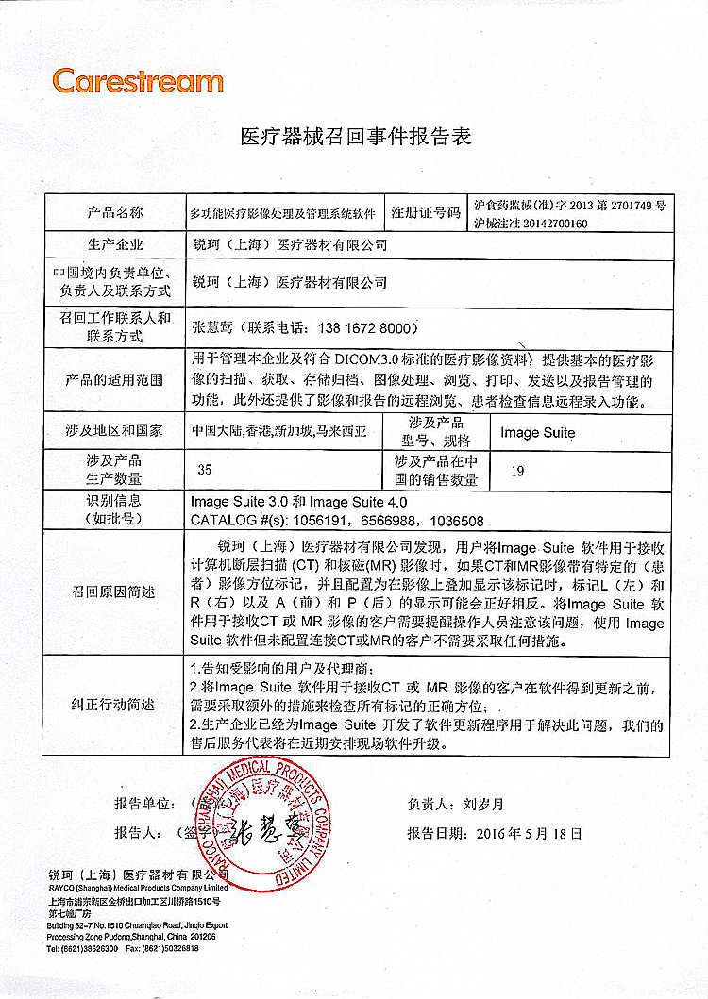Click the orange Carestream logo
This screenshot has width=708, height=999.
(138, 81)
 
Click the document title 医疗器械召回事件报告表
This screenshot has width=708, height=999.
(355, 138)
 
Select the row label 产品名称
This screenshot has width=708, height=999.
(116, 212)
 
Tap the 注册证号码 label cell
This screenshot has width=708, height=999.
(427, 213)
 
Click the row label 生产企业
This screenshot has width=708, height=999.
(116, 245)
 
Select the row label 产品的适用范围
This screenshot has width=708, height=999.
(116, 380)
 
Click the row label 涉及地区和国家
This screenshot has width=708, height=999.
(116, 432)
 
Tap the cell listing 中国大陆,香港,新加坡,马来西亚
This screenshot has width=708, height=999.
(279, 432)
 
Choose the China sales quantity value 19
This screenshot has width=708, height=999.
(516, 470)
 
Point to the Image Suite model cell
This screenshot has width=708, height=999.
(537, 432)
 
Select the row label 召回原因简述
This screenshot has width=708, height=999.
(116, 592)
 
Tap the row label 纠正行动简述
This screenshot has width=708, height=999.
(116, 705)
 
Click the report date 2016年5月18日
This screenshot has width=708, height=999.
(531, 834)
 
